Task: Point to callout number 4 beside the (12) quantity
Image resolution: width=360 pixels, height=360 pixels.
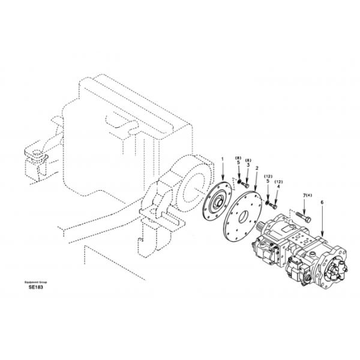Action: point(278,187)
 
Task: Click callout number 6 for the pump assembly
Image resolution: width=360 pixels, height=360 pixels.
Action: point(322,203)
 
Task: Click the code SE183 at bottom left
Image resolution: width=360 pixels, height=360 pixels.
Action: point(35,287)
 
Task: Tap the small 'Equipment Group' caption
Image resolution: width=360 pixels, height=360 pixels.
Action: point(36,281)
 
